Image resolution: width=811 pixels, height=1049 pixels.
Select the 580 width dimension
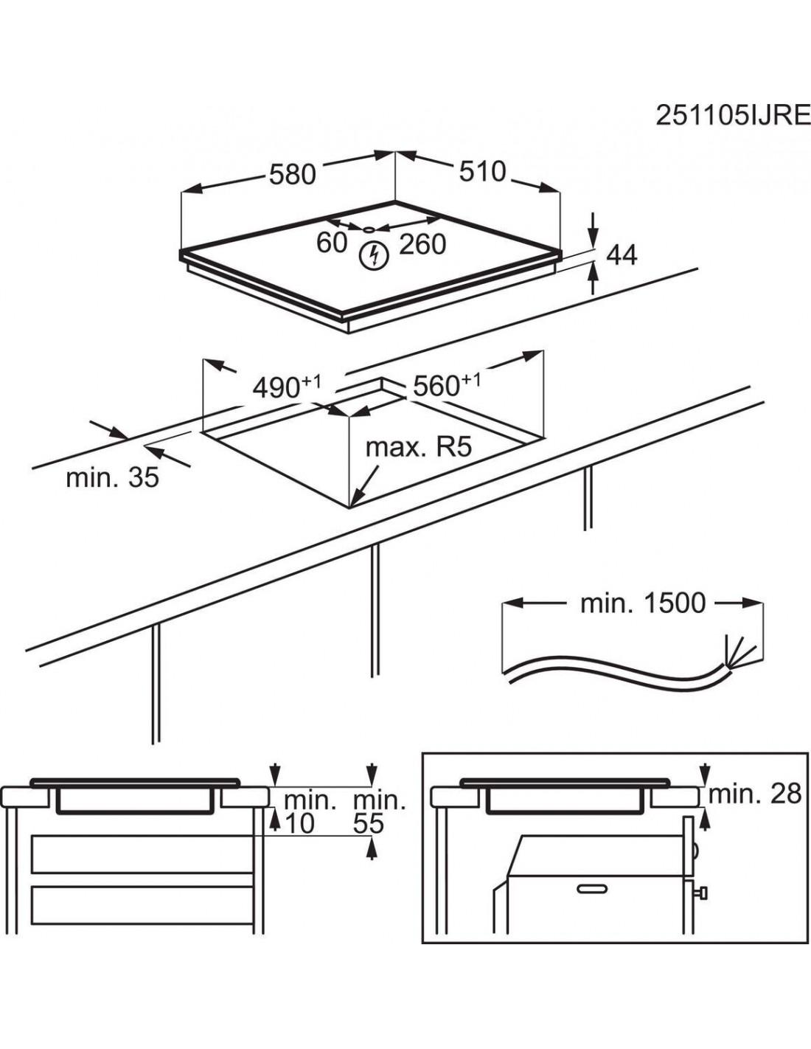click(292, 174)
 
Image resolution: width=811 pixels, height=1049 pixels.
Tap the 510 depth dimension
click(482, 171)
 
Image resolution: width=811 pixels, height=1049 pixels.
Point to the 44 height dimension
click(622, 255)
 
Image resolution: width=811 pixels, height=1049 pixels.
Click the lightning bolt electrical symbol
click(374, 255)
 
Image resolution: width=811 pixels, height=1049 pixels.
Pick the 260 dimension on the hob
click(422, 244)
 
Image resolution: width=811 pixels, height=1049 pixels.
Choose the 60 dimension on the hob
click(331, 242)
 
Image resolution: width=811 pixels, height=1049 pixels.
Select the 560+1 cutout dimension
click(447, 384)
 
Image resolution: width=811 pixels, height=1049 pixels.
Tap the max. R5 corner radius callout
click(418, 447)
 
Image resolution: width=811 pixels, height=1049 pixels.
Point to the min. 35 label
click(112, 477)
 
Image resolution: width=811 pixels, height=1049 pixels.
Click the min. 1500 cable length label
click(643, 603)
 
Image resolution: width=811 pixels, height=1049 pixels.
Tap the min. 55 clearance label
click(379, 812)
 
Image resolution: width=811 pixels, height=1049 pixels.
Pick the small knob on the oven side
click(703, 894)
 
